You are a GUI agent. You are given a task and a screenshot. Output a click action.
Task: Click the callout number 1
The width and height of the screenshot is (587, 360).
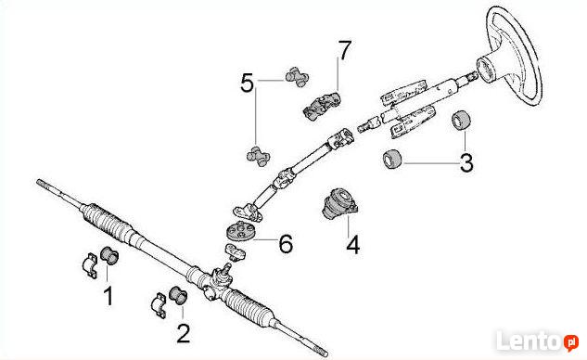point(108,296)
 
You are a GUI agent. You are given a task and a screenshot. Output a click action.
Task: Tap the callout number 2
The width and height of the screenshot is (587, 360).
point(183,333)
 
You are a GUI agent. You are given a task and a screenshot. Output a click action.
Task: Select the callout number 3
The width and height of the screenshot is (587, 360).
point(466,163)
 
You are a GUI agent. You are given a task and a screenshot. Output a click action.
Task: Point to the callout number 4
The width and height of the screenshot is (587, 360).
point(353,245)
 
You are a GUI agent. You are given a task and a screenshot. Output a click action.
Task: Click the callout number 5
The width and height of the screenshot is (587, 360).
point(248,83)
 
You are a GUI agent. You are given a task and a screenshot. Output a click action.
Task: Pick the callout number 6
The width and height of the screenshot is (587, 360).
point(286,244)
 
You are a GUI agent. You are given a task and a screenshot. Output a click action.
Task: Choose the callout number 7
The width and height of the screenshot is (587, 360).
point(344,50)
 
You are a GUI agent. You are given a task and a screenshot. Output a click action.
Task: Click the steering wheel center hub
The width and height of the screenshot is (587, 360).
point(487,69)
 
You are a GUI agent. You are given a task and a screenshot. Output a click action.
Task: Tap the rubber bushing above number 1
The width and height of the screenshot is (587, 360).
point(109,255)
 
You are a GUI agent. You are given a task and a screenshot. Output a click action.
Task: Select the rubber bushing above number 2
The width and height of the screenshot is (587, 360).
point(178,295)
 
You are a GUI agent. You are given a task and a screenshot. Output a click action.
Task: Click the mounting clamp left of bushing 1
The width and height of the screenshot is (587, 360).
point(90,265)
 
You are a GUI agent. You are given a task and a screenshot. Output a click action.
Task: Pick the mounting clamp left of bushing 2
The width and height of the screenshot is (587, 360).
point(160,305)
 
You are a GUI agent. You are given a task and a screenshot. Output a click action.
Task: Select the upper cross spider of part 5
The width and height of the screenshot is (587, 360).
point(298,77)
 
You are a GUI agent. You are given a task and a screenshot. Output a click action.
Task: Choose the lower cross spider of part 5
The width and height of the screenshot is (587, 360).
point(259,156)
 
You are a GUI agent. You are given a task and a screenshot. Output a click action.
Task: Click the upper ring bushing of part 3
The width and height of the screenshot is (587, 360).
point(461,121)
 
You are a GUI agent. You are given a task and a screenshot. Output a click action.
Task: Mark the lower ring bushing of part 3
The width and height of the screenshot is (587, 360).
point(391,159)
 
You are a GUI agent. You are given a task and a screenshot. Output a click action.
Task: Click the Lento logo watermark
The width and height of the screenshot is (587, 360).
point(537,341)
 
